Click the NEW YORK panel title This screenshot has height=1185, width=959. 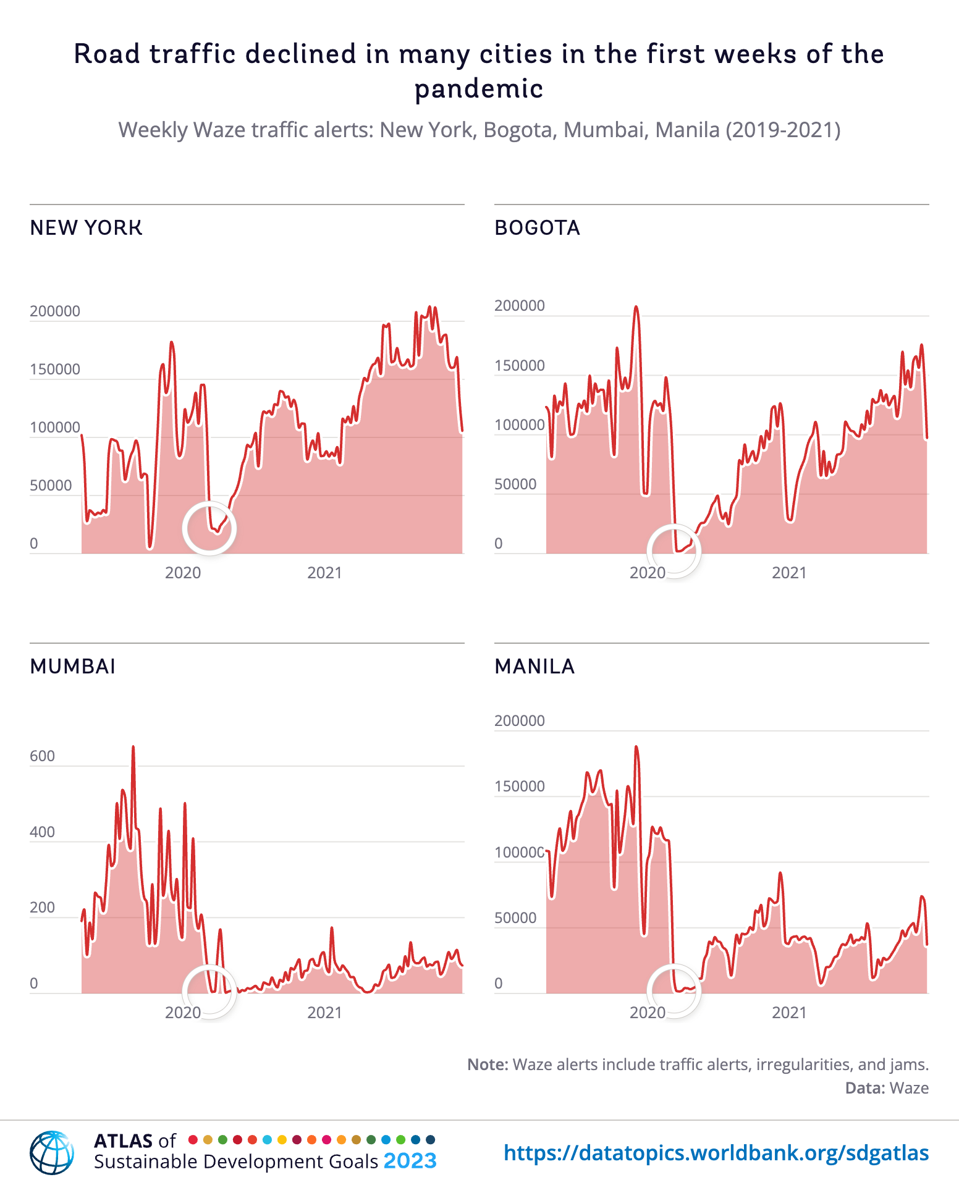pyautogui.click(x=86, y=228)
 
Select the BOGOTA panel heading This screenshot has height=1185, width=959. pyautogui.click(x=537, y=228)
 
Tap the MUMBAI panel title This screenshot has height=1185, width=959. pyautogui.click(x=72, y=667)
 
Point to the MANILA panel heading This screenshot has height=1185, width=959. pyautogui.click(x=534, y=667)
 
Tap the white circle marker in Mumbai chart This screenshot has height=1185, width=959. pyautogui.click(x=209, y=990)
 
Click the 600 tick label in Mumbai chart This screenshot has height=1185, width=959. pyautogui.click(x=42, y=756)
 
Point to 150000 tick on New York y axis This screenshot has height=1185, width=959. pyautogui.click(x=55, y=369)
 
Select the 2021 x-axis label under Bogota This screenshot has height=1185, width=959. pyautogui.click(x=789, y=573)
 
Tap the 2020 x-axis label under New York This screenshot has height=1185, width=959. pyautogui.click(x=183, y=573)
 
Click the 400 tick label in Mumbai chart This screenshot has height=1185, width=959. pyautogui.click(x=42, y=832)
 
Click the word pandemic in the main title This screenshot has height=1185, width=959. pyautogui.click(x=479, y=89)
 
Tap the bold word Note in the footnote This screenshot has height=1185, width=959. pyautogui.click(x=487, y=1065)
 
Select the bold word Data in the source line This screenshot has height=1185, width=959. pyautogui.click(x=864, y=1088)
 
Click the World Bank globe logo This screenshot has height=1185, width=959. pyautogui.click(x=52, y=1152)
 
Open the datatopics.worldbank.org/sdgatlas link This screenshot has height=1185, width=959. pyautogui.click(x=716, y=1153)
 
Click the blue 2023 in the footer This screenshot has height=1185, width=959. pyautogui.click(x=410, y=1162)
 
